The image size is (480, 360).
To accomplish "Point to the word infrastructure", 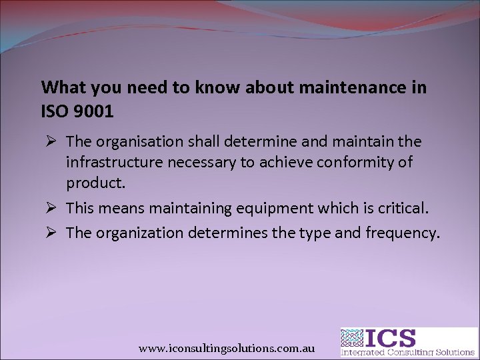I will [x=109, y=162].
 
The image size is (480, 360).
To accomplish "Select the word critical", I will [x=399, y=208].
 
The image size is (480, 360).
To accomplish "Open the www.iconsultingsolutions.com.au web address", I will [x=226, y=349].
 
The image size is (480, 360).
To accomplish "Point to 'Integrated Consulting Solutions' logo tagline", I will [x=409, y=351].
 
